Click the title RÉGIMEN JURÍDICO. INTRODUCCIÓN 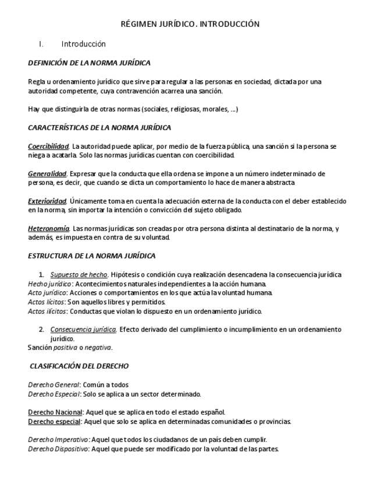(190, 24)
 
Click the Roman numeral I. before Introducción (41, 44)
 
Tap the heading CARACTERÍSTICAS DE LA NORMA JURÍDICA (99, 127)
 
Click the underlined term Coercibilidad (49, 146)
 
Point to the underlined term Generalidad (47, 173)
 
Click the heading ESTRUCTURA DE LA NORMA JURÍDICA (91, 256)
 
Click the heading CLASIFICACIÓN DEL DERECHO (79, 366)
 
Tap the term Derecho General (54, 384)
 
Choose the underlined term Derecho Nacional (55, 412)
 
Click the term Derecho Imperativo (58, 440)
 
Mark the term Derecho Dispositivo (58, 449)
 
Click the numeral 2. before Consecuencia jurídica (41, 329)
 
